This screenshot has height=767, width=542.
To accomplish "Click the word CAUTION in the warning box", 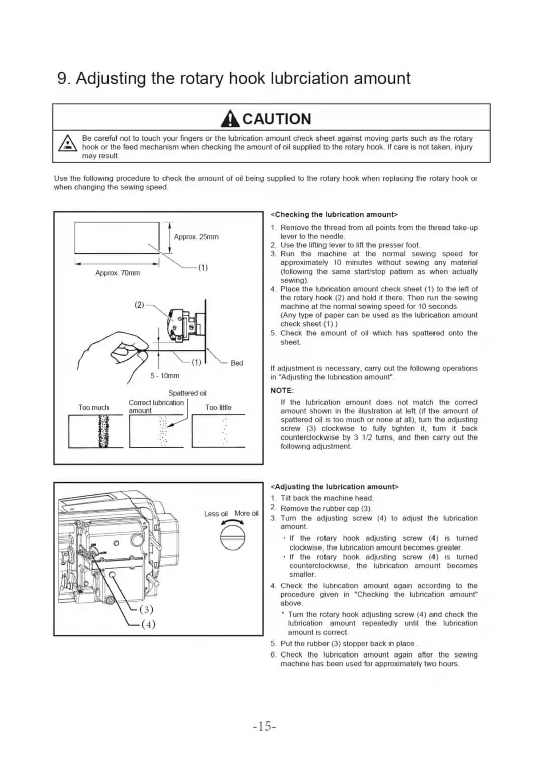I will (277, 119).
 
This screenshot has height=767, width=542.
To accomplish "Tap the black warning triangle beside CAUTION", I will (230, 119).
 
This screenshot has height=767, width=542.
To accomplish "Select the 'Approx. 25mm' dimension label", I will (196, 237).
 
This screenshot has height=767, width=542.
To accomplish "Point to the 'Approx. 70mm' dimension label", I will (118, 273).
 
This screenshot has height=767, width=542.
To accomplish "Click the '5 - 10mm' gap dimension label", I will (165, 376).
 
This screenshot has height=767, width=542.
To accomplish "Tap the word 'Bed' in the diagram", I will (236, 363).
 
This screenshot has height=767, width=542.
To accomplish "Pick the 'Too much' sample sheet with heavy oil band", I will (95, 431).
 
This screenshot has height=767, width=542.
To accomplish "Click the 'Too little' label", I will (218, 407).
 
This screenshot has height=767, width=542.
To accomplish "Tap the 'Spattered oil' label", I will (187, 393).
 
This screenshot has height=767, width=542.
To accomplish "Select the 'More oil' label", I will (246, 513).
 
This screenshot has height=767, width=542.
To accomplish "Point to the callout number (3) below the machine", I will (146, 609).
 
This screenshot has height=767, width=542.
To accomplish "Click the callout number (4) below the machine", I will (148, 624).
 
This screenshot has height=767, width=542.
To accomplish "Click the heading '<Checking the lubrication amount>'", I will (334, 214).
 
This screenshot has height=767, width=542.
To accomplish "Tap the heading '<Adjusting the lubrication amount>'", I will (335, 486).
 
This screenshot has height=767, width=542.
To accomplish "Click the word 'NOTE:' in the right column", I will (282, 390).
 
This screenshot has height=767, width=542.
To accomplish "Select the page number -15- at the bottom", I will (265, 726).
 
